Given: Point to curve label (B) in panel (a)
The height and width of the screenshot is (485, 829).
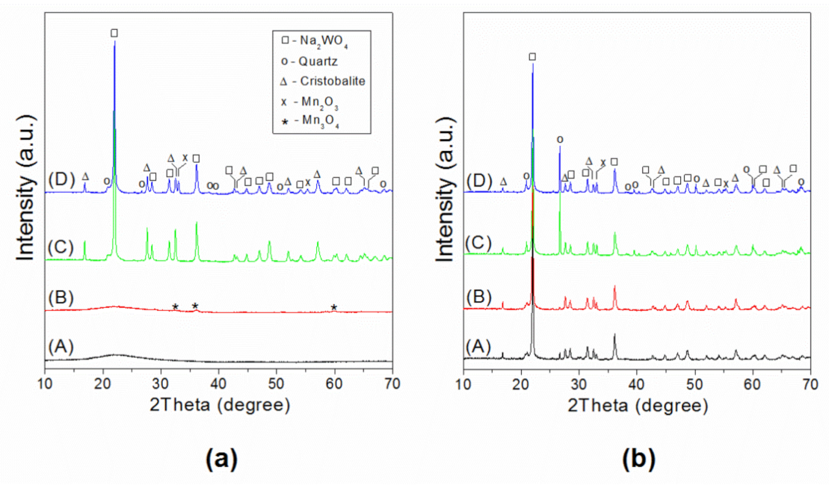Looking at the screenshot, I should [59, 296].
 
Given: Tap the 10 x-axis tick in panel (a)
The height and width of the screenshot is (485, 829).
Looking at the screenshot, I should [46, 384].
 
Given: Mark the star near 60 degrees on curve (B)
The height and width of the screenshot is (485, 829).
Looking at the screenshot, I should [334, 307].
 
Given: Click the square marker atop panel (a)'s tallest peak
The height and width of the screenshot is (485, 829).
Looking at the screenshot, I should [114, 33].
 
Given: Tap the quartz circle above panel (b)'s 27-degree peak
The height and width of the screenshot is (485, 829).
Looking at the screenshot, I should [560, 140].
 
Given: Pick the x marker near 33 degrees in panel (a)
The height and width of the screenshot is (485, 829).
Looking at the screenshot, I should [185, 157].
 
